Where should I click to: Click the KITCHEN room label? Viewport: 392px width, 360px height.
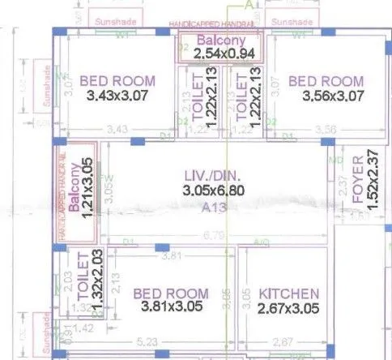click(x=288, y=293)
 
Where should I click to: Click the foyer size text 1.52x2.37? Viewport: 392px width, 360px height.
click(x=373, y=180)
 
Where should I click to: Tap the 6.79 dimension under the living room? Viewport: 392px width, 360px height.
click(x=215, y=236)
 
